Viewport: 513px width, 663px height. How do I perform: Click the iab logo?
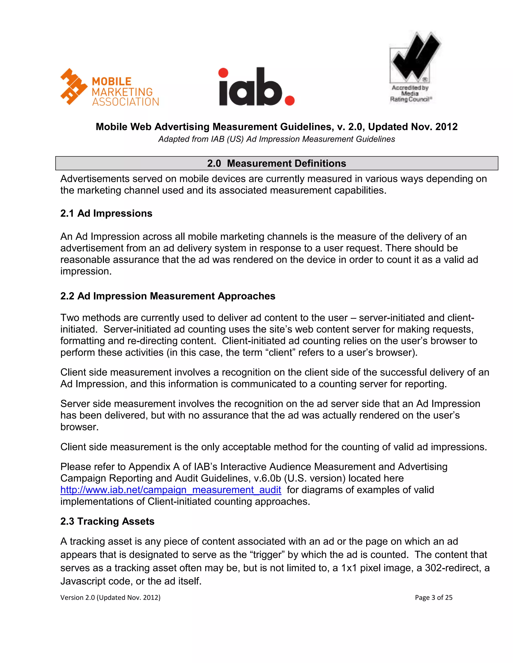[x=256, y=87]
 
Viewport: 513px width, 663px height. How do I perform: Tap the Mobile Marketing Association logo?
[x=110, y=87]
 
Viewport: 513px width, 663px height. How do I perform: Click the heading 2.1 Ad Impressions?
[x=106, y=213]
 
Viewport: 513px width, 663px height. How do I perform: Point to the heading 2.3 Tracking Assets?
[x=107, y=521]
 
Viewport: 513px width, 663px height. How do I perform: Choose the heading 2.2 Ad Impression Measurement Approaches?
[x=168, y=296]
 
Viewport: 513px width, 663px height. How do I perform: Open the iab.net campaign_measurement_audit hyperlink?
[x=171, y=490]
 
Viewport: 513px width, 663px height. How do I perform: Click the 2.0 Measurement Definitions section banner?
[x=277, y=163]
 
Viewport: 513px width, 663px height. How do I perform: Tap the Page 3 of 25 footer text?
[x=433, y=597]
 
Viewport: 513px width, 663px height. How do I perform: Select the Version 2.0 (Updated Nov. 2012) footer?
[x=110, y=597]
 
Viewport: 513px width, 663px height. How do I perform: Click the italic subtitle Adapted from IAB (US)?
[x=277, y=139]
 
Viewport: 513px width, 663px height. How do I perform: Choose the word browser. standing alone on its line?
[x=80, y=427]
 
